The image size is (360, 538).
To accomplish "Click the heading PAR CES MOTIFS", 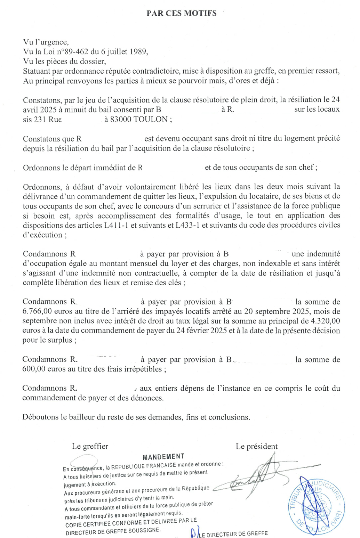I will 181,13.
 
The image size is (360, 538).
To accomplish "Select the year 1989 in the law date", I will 138,52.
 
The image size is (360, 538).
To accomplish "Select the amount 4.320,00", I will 326,321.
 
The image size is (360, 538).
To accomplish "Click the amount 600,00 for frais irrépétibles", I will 34,369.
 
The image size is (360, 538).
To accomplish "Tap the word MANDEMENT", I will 163,457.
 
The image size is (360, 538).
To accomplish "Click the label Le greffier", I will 90,446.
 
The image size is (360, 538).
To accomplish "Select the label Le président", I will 257,446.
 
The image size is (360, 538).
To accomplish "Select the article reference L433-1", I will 188,225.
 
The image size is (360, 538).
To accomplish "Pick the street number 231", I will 41,119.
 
